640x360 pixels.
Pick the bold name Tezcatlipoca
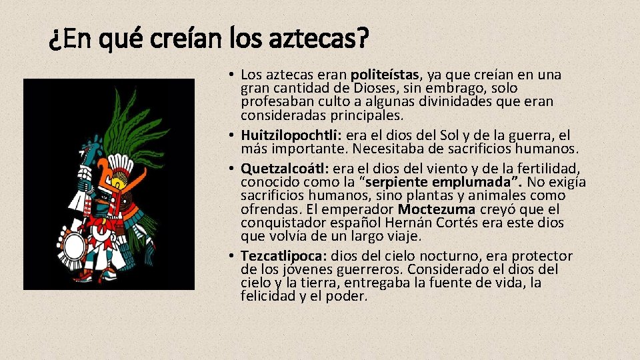coord(283,256)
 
